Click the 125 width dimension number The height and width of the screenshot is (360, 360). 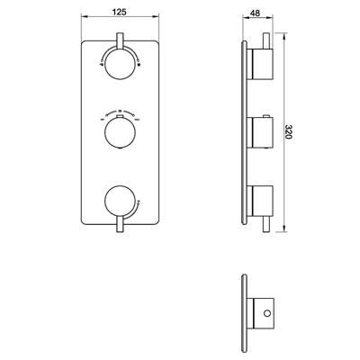[119, 12]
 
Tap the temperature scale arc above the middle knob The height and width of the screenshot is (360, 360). [119, 114]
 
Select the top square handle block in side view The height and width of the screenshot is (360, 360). [260, 65]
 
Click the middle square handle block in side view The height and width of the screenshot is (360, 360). [260, 133]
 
